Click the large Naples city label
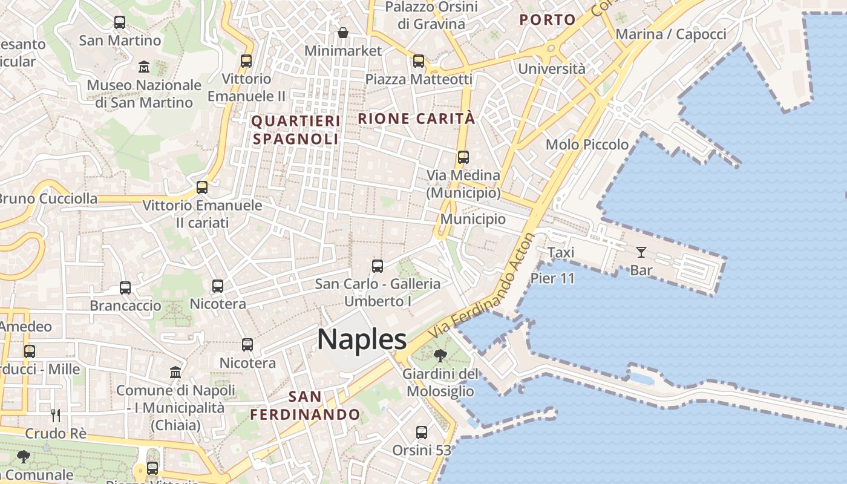click(362, 339)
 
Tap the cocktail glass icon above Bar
click(641, 252)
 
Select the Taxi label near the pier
click(561, 252)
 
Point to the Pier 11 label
click(552, 278)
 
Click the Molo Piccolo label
click(587, 145)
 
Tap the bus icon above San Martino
click(120, 22)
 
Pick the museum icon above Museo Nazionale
click(144, 67)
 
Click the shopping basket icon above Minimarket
click(343, 33)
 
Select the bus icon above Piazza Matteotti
click(419, 61)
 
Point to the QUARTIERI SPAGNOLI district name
click(295, 130)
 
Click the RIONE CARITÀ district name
click(417, 119)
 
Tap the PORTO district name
click(548, 20)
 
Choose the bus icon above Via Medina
click(463, 157)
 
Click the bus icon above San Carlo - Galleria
click(378, 266)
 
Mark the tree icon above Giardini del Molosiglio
click(440, 356)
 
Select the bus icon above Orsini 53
click(422, 433)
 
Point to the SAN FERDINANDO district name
click(305, 406)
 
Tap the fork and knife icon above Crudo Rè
click(56, 415)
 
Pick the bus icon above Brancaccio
click(125, 288)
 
